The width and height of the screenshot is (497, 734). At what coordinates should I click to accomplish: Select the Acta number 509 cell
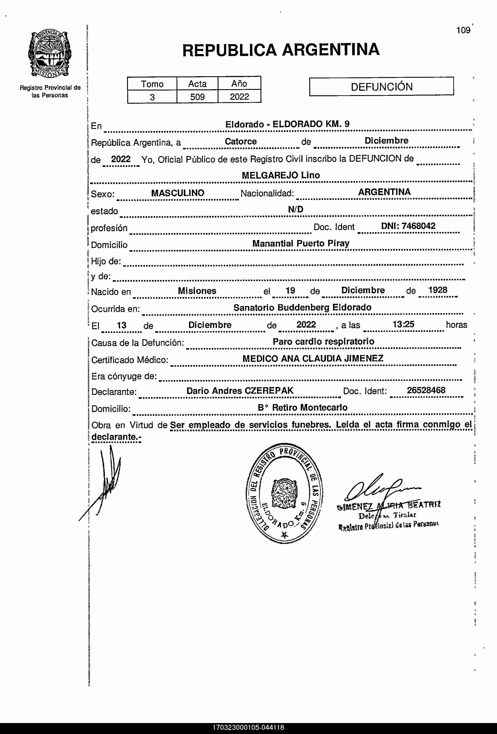tap(197, 97)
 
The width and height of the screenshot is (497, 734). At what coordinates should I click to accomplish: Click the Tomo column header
tap(152, 84)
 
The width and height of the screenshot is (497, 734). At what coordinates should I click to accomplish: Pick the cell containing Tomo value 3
tap(152, 97)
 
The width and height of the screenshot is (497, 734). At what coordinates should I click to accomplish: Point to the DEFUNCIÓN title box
tap(381, 87)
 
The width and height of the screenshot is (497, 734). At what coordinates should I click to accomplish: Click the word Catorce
tap(241, 141)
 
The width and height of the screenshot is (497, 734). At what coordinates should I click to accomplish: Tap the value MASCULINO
tap(178, 193)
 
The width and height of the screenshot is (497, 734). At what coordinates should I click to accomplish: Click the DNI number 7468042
tap(418, 226)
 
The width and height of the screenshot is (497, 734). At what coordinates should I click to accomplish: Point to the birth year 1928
tap(438, 290)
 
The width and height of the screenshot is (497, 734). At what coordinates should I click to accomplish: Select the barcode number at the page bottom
tap(248, 728)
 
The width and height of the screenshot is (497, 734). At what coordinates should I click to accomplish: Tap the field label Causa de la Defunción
tap(138, 343)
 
